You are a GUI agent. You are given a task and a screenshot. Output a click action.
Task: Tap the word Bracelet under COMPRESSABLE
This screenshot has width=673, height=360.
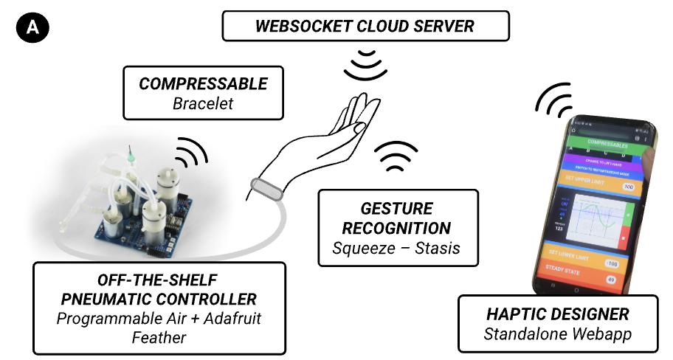[203, 103]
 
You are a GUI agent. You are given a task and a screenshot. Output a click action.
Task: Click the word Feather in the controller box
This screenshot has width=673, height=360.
[159, 338]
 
